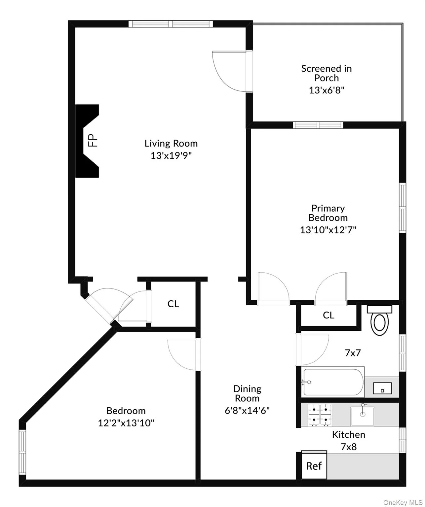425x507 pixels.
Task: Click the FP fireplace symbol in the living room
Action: [x=88, y=141]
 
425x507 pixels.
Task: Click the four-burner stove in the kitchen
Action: [x=320, y=415]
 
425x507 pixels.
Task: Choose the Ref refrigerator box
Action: [x=314, y=466]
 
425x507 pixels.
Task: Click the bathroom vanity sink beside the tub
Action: [x=382, y=388]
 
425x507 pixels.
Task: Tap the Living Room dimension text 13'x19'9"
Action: [x=171, y=155]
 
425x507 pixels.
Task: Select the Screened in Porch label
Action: [x=326, y=73]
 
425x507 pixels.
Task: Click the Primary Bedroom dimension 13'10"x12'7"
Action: [x=328, y=230]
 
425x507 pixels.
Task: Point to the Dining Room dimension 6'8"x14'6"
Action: [x=247, y=410]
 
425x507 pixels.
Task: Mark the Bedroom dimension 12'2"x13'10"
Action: [x=126, y=423]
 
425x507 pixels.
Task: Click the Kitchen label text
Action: [x=348, y=435]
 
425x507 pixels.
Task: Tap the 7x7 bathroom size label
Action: [x=353, y=353]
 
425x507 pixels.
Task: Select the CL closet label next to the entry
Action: [x=173, y=304]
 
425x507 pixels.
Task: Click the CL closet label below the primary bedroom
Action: [x=328, y=315]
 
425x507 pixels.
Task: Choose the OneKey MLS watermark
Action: [x=403, y=502]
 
